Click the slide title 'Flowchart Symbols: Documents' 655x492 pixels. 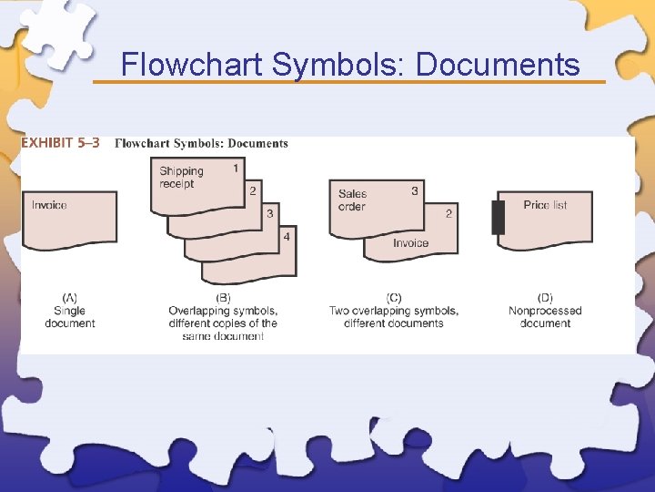pos(350,65)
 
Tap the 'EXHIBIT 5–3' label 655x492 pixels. pos(61,143)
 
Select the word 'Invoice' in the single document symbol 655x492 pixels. pos(49,205)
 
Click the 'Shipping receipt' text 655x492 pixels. pos(181,178)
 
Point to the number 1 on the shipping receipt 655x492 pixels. pos(236,168)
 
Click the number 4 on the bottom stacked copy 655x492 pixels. pos(287,237)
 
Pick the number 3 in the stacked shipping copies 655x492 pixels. pos(269,213)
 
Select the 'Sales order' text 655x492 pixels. pos(352,200)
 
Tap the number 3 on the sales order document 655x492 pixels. pos(415,191)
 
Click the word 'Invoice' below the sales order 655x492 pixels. pos(410,243)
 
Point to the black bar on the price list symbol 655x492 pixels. pos(498,217)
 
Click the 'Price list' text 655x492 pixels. pos(545,205)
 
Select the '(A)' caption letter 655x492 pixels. pos(69,298)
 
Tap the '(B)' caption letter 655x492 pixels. pos(223,298)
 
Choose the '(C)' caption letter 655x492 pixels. pos(394,298)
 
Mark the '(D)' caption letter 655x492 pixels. pos(545,298)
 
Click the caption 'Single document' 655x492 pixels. pos(69,317)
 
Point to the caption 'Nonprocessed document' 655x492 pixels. pos(545,317)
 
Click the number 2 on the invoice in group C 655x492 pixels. pos(448,214)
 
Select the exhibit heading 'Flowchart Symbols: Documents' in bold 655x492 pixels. pos(201,143)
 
